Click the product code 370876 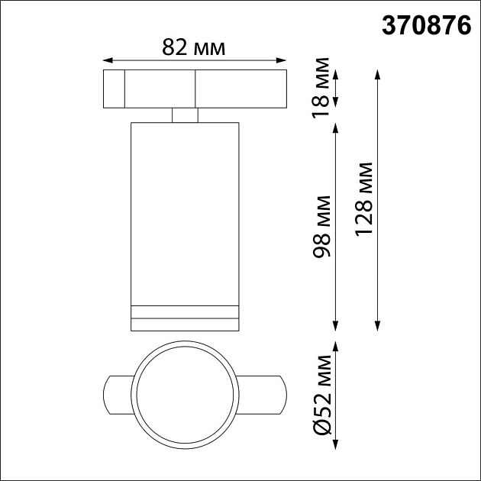(425, 27)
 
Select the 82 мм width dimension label (194, 47)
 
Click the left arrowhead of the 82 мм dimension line (107, 60)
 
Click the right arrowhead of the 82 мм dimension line (282, 60)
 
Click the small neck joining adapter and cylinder (185, 115)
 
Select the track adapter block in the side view (194, 89)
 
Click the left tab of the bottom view (118, 394)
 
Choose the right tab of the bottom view (263, 394)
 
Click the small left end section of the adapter (113, 89)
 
